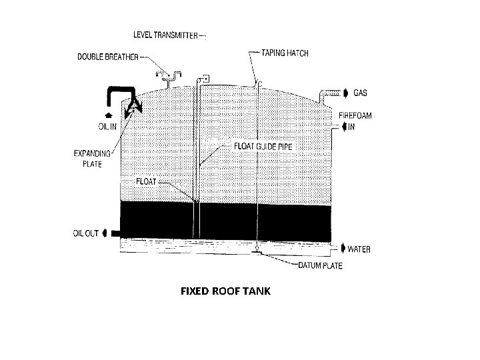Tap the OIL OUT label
pos(85,233)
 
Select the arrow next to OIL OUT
pos(105,233)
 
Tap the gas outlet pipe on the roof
pos(326,96)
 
